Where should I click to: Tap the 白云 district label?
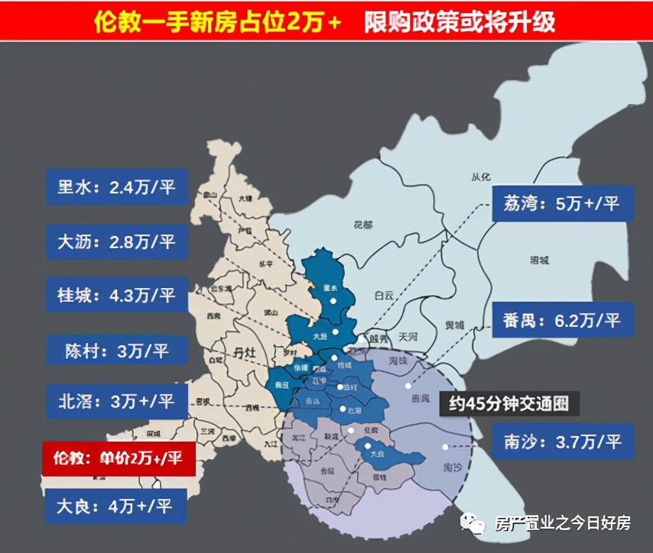tap(384, 295)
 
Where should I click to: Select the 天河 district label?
tap(408, 336)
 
